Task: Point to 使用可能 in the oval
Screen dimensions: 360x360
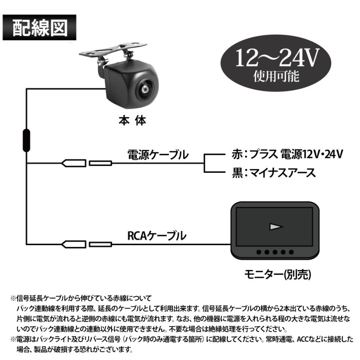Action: [x=276, y=76]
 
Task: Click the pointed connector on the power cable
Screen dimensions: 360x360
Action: [x=73, y=163]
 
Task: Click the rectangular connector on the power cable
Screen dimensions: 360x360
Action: [x=100, y=163]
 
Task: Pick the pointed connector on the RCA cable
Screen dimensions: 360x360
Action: [x=73, y=244]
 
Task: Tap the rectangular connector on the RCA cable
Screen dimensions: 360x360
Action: [x=100, y=244]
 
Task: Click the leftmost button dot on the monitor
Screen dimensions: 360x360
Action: [x=259, y=252]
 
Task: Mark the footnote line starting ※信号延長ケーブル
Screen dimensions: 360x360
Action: [x=84, y=298]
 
